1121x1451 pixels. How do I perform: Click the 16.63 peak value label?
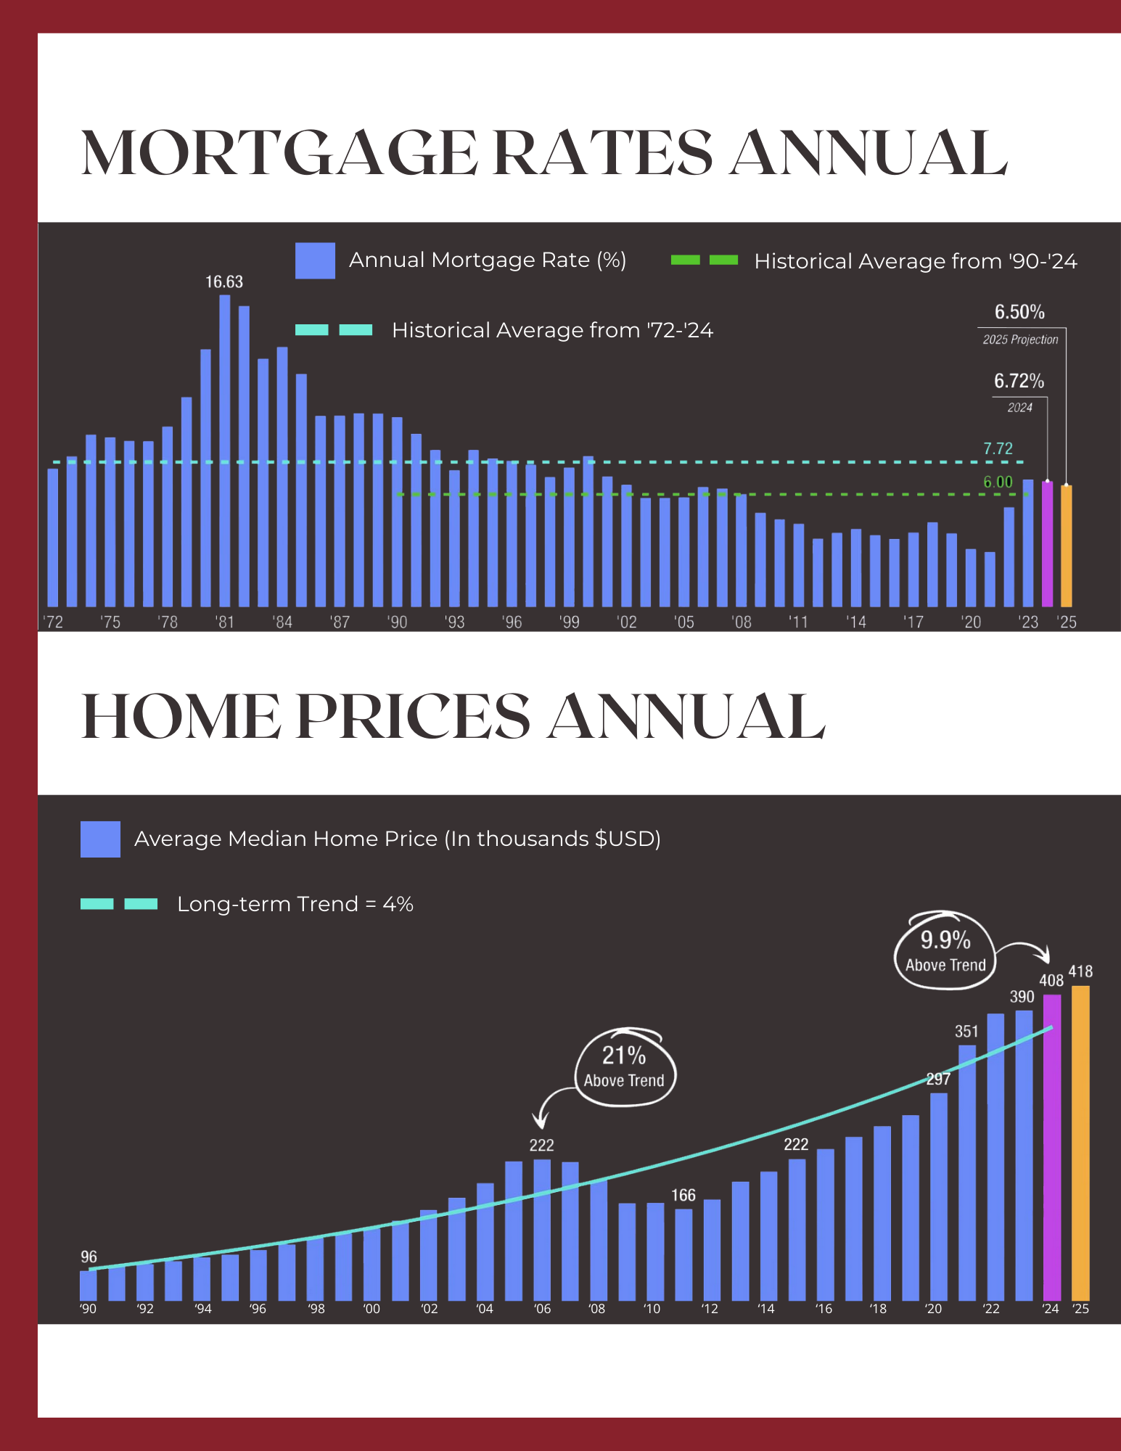[x=224, y=282]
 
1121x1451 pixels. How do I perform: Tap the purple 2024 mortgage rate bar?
[x=1047, y=544]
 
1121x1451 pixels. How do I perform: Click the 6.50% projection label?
[x=1019, y=313]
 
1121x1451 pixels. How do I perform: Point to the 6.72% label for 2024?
[x=1019, y=382]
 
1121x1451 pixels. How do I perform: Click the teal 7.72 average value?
[x=998, y=449]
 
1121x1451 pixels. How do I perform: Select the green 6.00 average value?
[x=998, y=482]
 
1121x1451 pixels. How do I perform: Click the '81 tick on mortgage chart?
[x=225, y=622]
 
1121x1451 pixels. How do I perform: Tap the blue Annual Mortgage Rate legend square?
[x=315, y=260]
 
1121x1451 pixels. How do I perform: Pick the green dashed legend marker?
[x=704, y=260]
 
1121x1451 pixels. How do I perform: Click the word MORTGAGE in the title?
[x=279, y=154]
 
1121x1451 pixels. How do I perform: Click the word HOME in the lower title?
[x=181, y=717]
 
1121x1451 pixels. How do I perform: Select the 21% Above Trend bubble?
[x=624, y=1067]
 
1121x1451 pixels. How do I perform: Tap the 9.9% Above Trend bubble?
[x=945, y=950]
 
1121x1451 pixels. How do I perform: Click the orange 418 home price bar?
[x=1080, y=1143]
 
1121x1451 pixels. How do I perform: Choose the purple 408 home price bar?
[x=1052, y=1147]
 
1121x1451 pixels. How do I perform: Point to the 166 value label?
[x=683, y=1196]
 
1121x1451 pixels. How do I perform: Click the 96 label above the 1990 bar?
[x=89, y=1257]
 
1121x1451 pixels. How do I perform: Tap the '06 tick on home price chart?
[x=542, y=1310]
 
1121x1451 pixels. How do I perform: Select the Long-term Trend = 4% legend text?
[x=295, y=905]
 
